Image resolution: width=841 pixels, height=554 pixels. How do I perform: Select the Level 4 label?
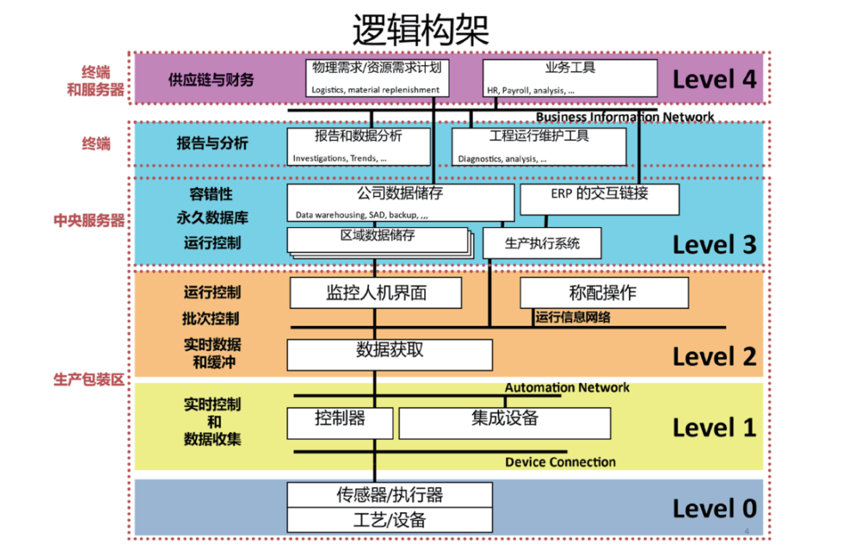(714, 79)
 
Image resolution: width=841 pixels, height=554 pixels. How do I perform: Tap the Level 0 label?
(714, 509)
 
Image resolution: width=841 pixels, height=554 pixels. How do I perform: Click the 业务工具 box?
(570, 78)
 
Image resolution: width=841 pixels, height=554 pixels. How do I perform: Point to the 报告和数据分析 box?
(358, 146)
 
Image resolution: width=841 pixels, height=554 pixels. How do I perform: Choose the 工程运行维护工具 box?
(539, 146)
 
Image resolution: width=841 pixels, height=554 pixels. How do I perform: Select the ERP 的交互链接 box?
(599, 199)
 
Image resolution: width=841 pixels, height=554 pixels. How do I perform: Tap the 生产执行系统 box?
(542, 243)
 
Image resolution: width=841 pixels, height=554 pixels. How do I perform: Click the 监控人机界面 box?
(375, 293)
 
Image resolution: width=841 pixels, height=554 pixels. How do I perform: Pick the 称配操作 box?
(603, 293)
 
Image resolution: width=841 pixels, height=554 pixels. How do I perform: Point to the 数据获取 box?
(389, 354)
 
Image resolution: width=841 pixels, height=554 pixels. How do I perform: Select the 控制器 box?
(340, 423)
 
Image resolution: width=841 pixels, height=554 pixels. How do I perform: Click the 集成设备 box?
(504, 423)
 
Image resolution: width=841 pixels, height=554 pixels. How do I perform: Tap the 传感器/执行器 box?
(389, 494)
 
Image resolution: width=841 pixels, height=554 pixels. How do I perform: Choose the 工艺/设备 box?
(389, 520)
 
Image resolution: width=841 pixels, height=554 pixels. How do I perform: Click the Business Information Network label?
(625, 117)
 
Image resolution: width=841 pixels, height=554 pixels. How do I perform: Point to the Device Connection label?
(560, 462)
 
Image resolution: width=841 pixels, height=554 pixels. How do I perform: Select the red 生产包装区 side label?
(88, 380)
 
